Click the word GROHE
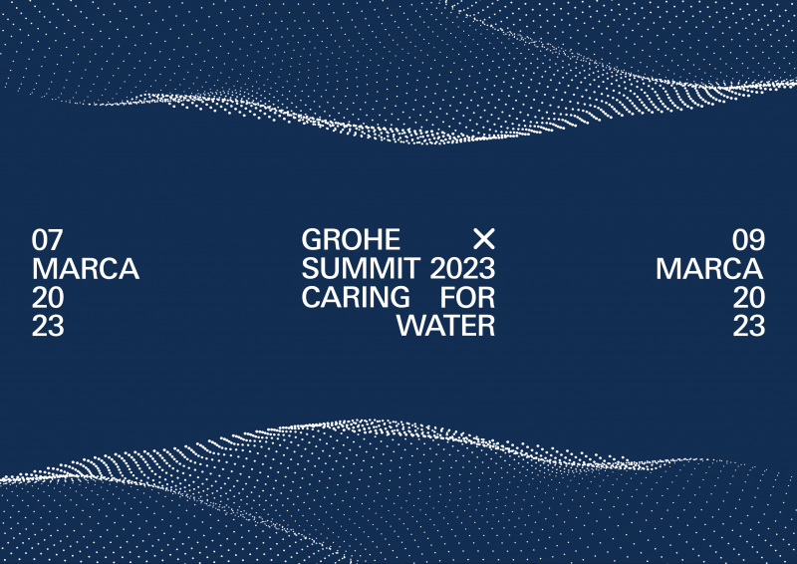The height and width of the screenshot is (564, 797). (351, 239)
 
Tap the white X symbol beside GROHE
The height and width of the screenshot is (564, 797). (484, 239)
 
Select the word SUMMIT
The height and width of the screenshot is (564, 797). (360, 268)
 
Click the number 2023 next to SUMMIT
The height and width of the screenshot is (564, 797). (462, 268)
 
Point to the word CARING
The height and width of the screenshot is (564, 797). (356, 297)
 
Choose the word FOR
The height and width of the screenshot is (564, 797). (467, 297)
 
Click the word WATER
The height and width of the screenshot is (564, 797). (445, 326)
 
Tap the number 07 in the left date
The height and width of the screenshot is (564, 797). (47, 240)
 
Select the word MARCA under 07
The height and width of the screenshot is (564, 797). (86, 268)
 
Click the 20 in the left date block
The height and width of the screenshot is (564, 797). (48, 298)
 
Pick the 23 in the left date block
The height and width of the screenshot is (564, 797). (48, 326)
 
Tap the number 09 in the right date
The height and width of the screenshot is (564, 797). (749, 240)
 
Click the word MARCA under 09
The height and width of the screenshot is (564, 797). (709, 268)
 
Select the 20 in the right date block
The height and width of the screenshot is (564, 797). (749, 298)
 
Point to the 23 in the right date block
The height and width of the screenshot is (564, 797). (749, 326)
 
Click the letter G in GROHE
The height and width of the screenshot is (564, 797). (312, 239)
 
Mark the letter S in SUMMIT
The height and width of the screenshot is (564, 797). (310, 268)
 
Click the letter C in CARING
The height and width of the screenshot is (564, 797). (311, 297)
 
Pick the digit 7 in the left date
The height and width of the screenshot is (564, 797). (56, 240)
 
